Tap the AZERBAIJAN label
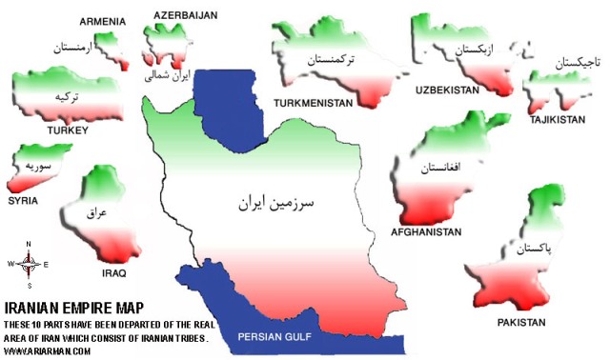point(186,15)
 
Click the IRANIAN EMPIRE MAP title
point(74,308)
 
